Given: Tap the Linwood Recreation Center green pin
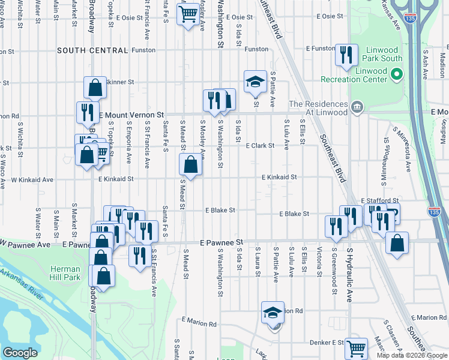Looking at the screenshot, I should click(x=396, y=74).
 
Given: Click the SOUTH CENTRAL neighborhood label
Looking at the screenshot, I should click(x=92, y=50).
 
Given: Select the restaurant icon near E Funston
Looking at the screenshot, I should click(x=346, y=55).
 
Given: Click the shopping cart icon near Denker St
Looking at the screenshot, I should click(x=356, y=347).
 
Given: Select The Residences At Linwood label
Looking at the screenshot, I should click(x=318, y=108).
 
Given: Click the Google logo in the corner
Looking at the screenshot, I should click(x=20, y=353).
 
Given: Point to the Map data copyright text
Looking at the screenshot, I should click(x=412, y=355).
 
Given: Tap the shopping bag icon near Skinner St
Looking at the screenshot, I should click(x=95, y=88).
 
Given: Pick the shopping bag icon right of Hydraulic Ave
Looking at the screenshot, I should click(x=397, y=244).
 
